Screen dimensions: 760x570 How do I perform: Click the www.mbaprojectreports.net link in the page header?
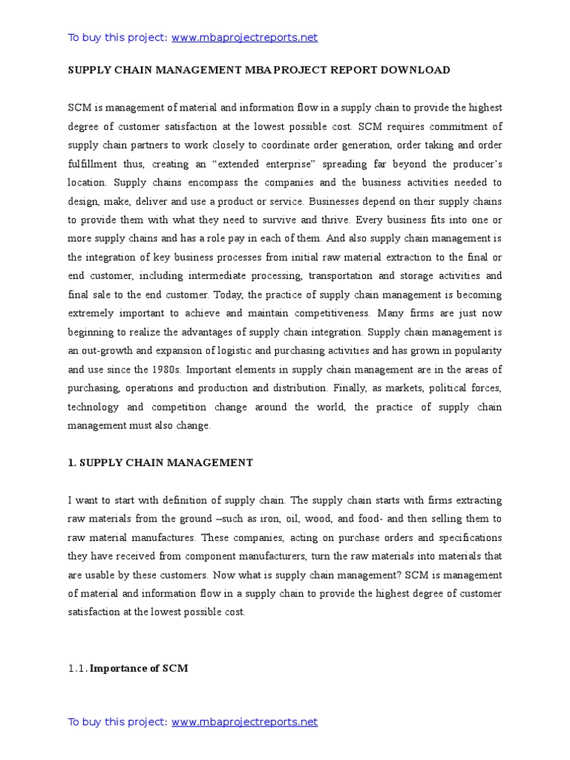coord(244,38)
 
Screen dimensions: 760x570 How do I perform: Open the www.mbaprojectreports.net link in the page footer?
coord(244,721)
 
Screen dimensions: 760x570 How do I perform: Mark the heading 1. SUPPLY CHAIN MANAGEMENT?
coord(160,462)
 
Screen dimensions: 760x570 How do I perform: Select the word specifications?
coord(467,537)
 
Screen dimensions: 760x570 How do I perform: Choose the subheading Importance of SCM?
coord(139,668)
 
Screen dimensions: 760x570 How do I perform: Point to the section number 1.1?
coord(77,668)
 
